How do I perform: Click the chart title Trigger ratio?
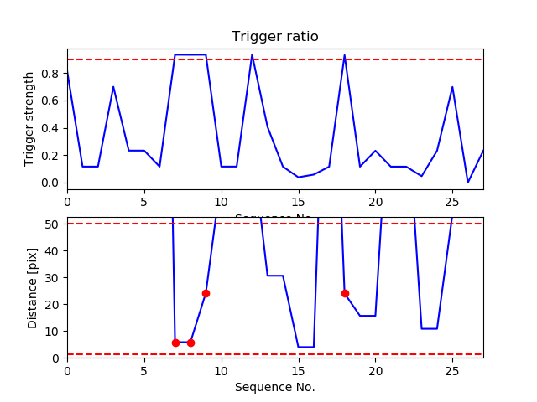(x=275, y=37)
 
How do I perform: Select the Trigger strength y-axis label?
(x=30, y=118)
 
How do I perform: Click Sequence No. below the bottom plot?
(x=275, y=387)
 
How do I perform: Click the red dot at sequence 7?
(x=175, y=343)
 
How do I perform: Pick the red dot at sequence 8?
(x=190, y=343)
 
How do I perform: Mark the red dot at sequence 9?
(x=206, y=293)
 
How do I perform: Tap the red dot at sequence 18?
(x=345, y=293)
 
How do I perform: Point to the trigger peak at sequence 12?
(x=252, y=55)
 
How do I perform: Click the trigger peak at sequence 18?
(x=345, y=55)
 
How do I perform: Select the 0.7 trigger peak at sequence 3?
(x=113, y=86)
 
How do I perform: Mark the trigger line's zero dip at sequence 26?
(x=468, y=183)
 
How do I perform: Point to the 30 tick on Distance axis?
(x=55, y=277)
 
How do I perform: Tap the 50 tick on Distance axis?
(x=55, y=224)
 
